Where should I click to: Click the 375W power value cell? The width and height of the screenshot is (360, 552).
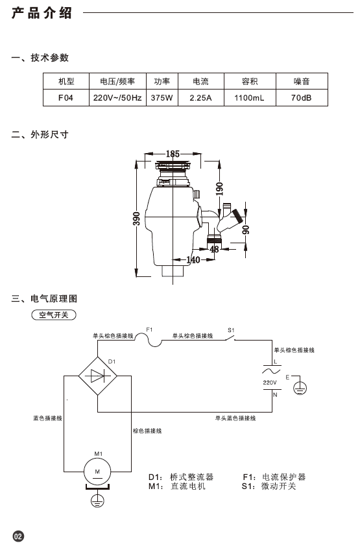point(162,98)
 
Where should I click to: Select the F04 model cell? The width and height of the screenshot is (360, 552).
point(66,98)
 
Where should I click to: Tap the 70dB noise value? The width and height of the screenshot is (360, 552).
point(302,98)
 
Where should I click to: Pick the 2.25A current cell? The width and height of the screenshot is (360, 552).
point(200,98)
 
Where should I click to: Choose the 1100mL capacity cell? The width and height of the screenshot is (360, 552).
point(250,98)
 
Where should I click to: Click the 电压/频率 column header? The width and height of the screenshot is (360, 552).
point(117,81)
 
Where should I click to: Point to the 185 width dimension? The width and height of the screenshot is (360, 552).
point(173,154)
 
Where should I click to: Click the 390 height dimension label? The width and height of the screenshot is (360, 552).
point(136,219)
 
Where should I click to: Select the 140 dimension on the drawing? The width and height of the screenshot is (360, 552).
point(193,260)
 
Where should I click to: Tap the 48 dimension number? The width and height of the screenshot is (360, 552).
point(214,249)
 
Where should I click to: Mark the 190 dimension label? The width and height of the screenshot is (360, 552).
point(219,189)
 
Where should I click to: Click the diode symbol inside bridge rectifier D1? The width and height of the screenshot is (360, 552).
point(98,376)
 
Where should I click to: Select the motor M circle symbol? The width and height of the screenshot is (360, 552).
point(97,472)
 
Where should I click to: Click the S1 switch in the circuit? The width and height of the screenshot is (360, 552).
point(230,338)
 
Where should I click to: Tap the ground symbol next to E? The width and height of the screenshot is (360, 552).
point(300,389)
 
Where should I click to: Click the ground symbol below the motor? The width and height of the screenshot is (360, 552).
point(97,501)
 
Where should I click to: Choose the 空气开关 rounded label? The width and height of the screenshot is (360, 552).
point(54,315)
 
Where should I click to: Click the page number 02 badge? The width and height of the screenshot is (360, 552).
point(18,536)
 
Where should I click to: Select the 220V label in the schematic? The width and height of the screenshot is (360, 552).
point(270,383)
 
